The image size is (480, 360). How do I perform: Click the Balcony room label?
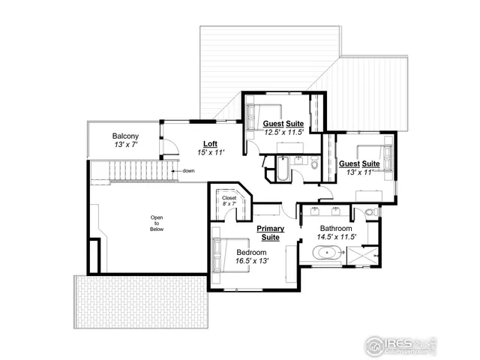click(x=125, y=136)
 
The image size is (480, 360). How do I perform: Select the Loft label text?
click(x=211, y=142)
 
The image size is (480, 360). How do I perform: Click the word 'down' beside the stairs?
click(x=188, y=171)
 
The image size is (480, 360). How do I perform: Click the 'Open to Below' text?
click(x=157, y=223)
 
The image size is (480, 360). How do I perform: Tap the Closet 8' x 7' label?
click(x=229, y=201)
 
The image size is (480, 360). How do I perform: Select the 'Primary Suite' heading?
click(x=268, y=232)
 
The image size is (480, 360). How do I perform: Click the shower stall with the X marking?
click(x=363, y=256)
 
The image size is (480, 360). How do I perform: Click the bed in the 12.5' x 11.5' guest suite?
click(x=259, y=115)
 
